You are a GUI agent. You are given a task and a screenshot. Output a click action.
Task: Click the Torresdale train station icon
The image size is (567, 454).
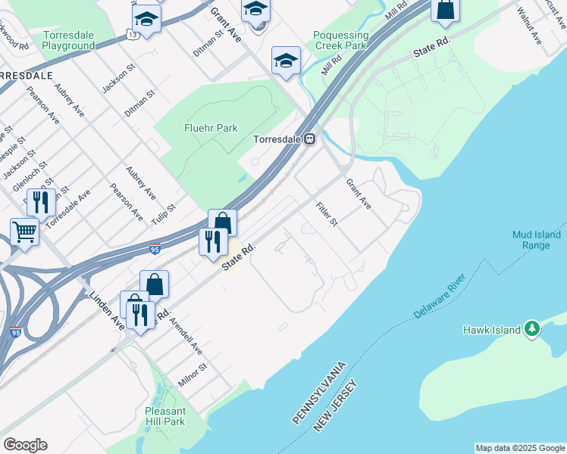point(310,140)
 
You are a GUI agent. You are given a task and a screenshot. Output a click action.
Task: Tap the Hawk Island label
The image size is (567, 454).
point(492,330)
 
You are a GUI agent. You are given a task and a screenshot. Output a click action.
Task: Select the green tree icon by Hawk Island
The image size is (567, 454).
point(533,328)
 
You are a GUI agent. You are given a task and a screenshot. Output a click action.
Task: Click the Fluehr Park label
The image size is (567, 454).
point(211,128)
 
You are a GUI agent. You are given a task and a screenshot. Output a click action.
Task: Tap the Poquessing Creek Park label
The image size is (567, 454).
point(341,40)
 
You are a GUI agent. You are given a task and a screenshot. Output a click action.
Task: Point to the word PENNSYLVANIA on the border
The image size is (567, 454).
point(320,393)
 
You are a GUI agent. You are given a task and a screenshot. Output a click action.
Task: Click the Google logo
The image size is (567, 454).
point(25,445)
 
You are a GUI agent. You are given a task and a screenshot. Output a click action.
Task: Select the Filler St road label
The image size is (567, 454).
point(327,215)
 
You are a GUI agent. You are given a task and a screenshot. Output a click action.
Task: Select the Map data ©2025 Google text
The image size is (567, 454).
point(520,448)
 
